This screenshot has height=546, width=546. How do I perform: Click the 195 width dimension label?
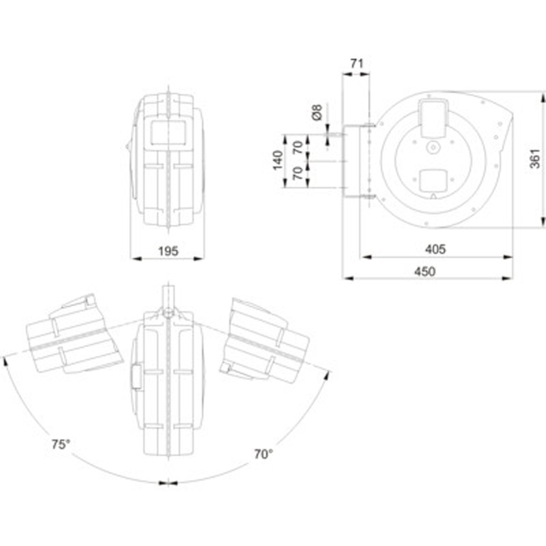tap(168, 251)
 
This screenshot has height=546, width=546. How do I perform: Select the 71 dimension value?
tap(356, 63)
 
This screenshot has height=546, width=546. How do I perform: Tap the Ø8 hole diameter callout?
tap(317, 112)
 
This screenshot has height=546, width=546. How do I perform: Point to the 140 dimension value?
tap(278, 160)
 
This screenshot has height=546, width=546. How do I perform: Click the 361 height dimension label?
tap(534, 158)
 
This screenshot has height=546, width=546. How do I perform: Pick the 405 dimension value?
tap(435, 249)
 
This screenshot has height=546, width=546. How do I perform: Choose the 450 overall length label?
tap(425, 271)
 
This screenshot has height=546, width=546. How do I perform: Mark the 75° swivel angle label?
tap(61, 444)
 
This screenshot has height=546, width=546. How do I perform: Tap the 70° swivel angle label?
tap(263, 454)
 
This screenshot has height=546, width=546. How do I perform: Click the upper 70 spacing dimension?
tap(298, 147)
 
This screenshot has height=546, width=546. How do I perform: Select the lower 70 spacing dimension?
tap(298, 173)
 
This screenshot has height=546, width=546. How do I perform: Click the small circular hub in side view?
tap(433, 147)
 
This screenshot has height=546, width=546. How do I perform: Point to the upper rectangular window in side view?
tap(433, 118)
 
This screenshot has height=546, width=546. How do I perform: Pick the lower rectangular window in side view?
tap(433, 181)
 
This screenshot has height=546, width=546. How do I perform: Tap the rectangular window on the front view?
tap(167, 132)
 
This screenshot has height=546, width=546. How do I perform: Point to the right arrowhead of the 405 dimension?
tap(508, 257)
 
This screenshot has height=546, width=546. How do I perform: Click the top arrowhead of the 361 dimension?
tap(543, 97)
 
